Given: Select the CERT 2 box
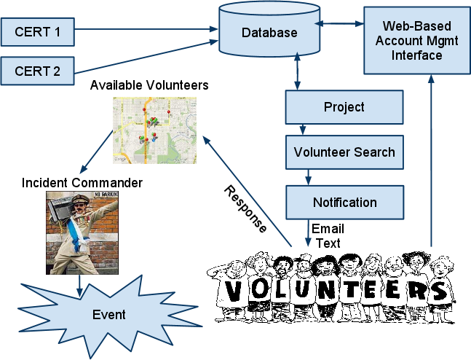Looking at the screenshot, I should click(x=37, y=71).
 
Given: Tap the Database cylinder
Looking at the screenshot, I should click(x=269, y=32).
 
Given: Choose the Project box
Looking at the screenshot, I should click(x=344, y=108).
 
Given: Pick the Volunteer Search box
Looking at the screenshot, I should click(x=344, y=152).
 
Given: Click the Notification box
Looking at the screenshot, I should click(x=344, y=202).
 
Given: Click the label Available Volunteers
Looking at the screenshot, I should click(x=149, y=86).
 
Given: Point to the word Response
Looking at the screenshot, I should click(x=245, y=209).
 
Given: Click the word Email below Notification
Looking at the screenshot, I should click(x=328, y=229).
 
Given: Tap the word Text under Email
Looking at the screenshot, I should click(x=327, y=243).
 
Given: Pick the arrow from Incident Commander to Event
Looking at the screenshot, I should click(x=79, y=283).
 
